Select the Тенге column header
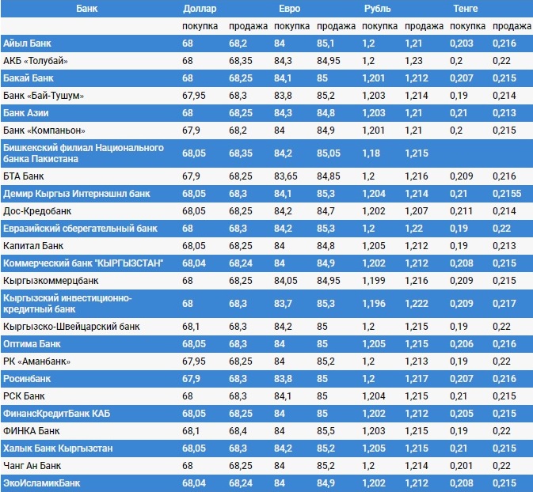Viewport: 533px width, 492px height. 466,8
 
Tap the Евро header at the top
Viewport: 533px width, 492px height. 290,8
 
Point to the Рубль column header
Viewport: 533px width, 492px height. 378,8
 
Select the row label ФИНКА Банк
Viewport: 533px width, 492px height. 32,431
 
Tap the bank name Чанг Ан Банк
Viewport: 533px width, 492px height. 32,465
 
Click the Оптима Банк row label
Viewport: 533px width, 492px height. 32,344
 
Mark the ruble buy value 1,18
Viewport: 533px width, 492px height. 371,152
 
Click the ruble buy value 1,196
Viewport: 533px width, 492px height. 373,304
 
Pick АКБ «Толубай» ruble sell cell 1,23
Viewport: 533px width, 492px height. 413,61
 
